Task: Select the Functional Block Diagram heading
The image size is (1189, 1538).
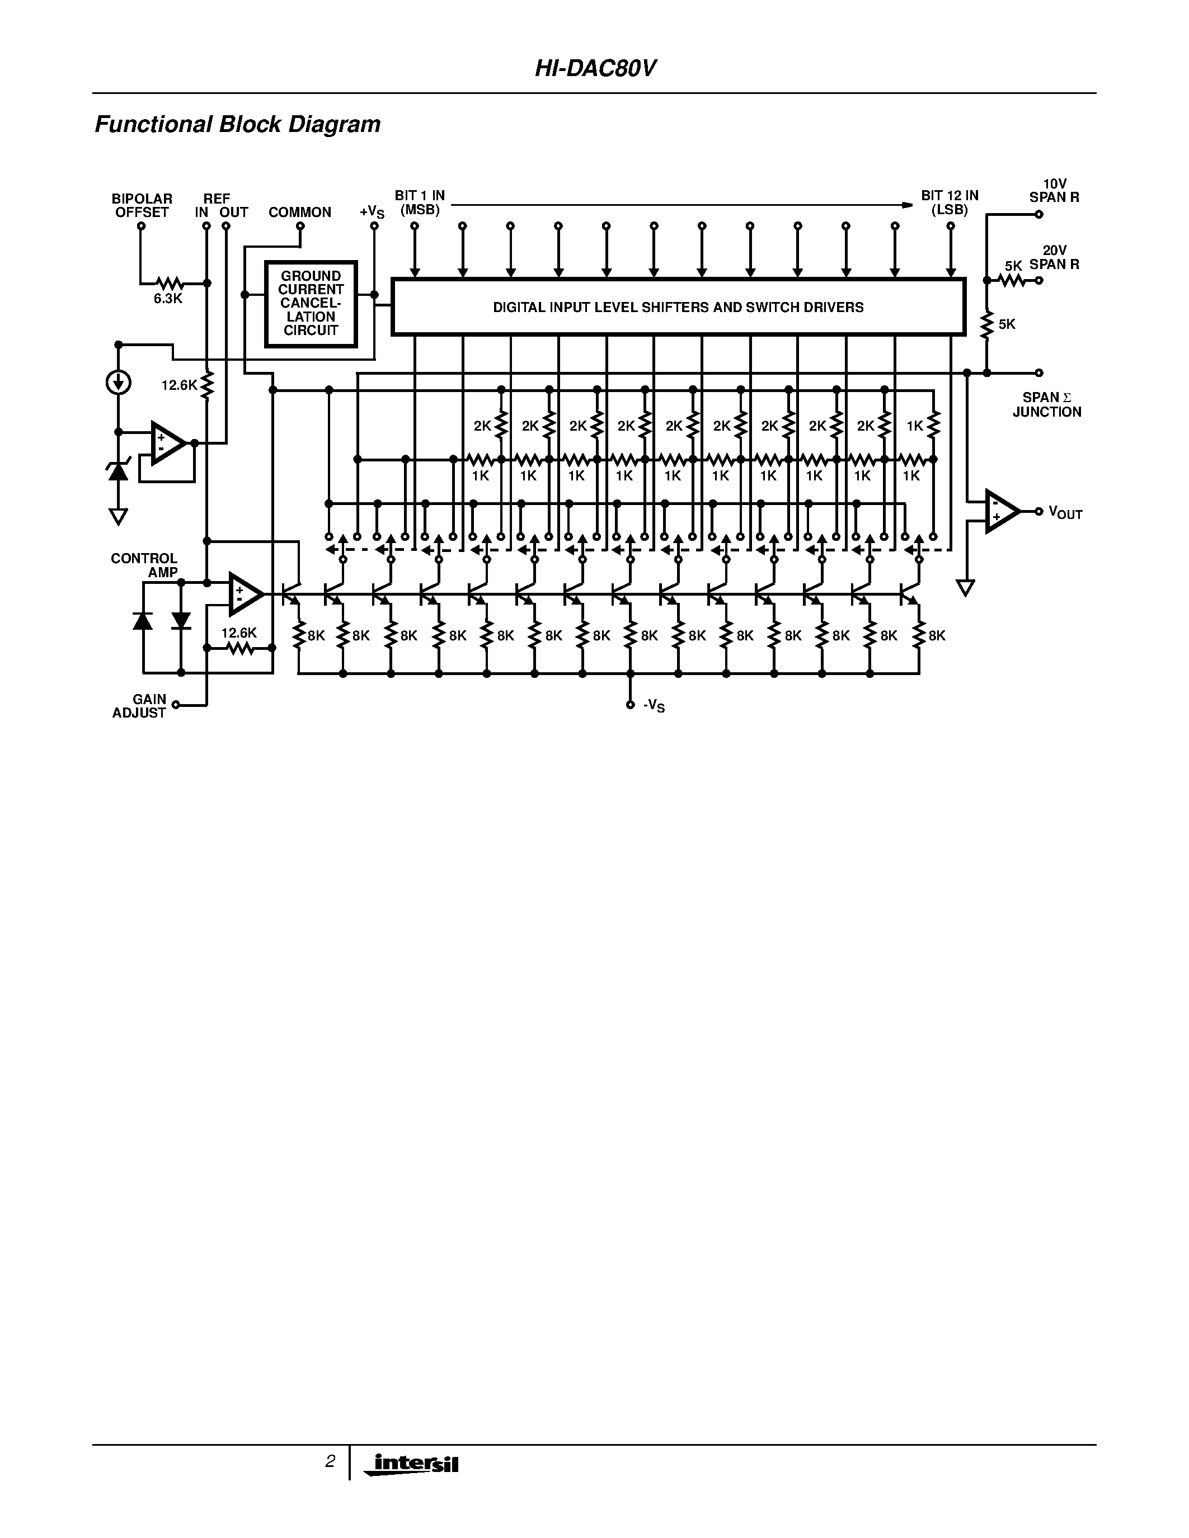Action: click(237, 125)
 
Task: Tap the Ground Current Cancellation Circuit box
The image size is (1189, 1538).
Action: click(311, 304)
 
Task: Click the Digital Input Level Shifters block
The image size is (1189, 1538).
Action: click(678, 307)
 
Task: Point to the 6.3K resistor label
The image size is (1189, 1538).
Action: click(168, 299)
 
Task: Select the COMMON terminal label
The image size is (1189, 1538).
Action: click(299, 212)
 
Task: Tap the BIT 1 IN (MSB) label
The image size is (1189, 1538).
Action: click(419, 202)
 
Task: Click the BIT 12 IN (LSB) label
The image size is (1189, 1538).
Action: click(950, 202)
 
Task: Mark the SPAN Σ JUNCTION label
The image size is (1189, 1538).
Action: click(1047, 404)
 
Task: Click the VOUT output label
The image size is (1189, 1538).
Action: click(1065, 513)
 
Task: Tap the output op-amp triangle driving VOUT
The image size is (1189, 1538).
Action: click(1000, 511)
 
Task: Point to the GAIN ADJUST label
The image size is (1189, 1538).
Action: click(139, 706)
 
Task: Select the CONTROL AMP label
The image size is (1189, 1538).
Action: click(144, 565)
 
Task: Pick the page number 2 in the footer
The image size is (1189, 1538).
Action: click(330, 1461)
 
